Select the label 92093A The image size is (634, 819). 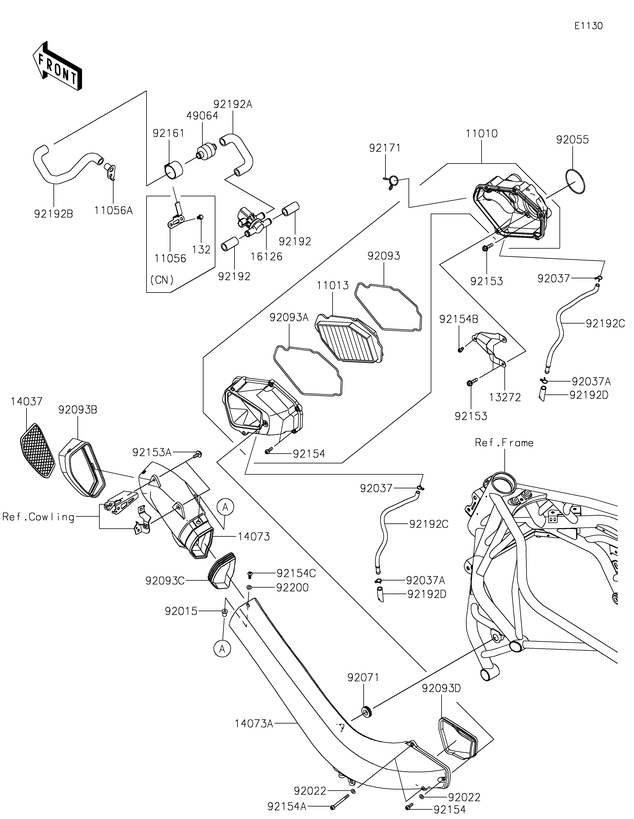click(x=289, y=318)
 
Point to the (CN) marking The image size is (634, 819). click(x=162, y=280)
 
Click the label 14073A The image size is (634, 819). click(x=254, y=723)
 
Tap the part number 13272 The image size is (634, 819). click(x=505, y=397)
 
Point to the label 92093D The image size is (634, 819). click(x=441, y=688)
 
